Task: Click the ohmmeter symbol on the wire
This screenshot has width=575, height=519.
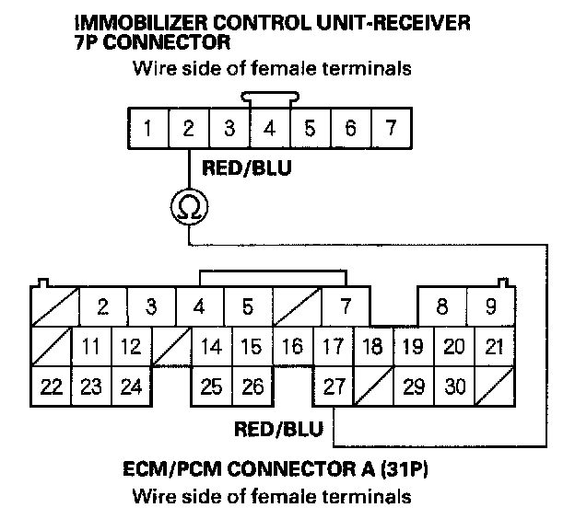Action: pos(188,207)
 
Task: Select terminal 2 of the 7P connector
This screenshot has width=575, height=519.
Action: pos(188,129)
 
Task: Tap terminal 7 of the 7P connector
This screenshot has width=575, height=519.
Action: pos(391,129)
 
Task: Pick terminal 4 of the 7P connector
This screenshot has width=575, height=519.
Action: pos(269,129)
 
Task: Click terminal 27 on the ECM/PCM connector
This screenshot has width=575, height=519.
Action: pos(334,386)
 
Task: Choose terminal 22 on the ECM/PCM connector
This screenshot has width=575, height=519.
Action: pos(52,386)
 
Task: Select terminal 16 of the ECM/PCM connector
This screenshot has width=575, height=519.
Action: pos(292,347)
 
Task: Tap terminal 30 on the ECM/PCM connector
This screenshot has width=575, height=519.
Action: pos(454,386)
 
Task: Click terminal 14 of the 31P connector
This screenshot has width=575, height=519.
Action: pos(212,347)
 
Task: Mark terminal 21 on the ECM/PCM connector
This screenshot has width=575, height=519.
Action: pos(493,347)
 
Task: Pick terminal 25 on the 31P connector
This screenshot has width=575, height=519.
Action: pos(212,386)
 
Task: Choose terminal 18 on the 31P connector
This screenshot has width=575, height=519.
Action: pos(373,347)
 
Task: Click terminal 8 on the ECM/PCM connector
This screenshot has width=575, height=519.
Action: pos(442,306)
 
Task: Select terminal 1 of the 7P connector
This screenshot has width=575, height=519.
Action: pos(147,129)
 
